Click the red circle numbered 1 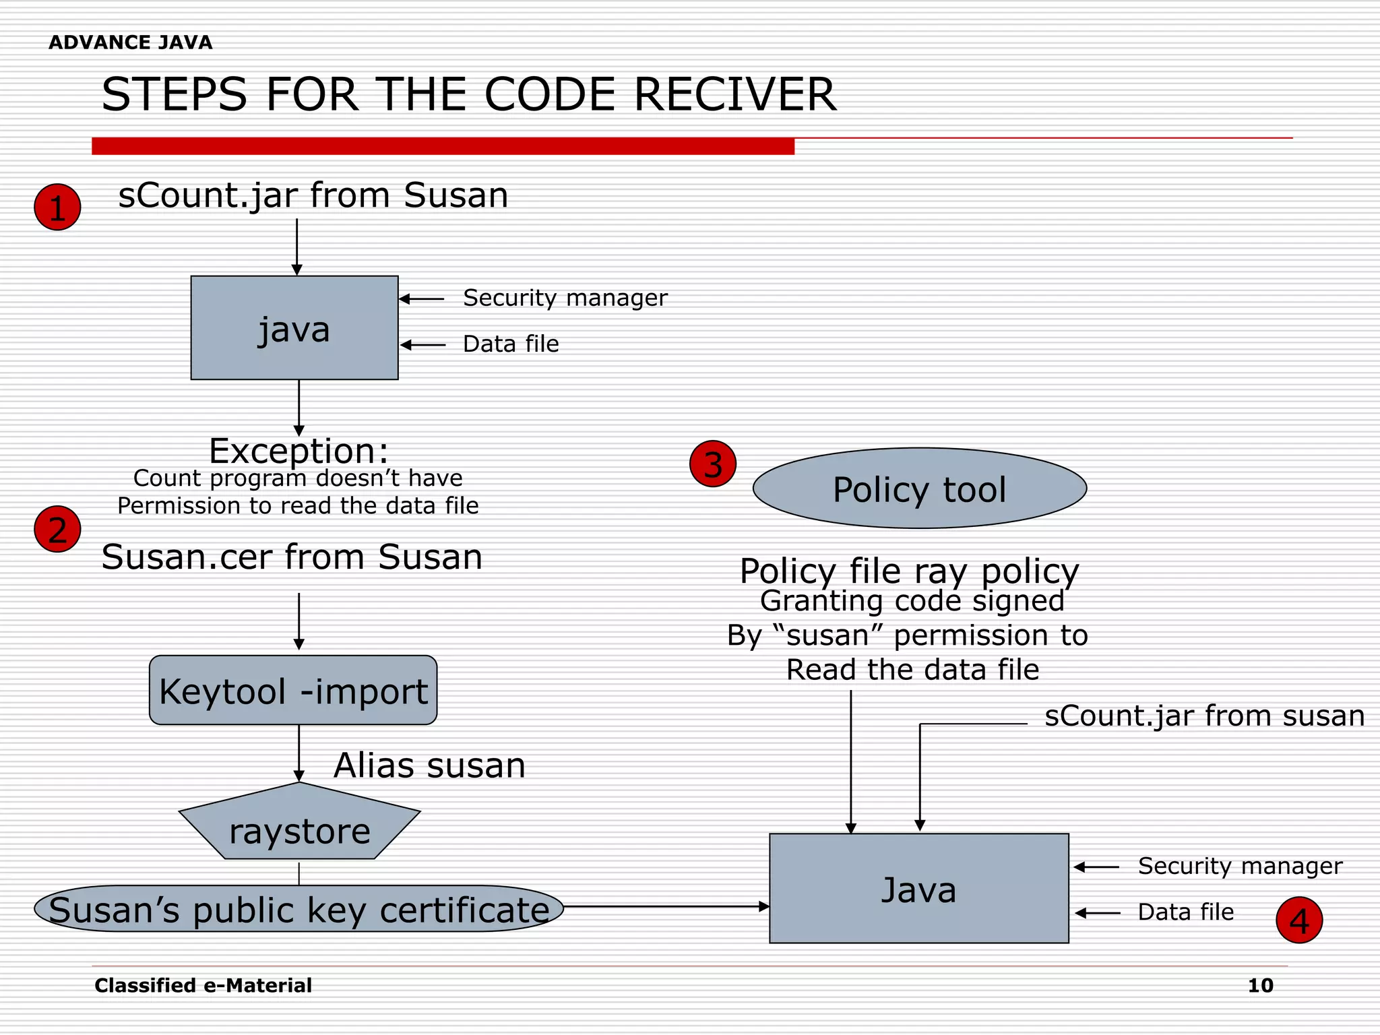(57, 207)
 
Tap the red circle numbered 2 (57, 529)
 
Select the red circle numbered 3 (713, 464)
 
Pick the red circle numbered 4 (1299, 920)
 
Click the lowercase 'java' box (294, 328)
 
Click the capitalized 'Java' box (918, 888)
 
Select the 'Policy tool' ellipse (919, 489)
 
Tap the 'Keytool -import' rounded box (293, 690)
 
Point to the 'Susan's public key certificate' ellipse (299, 909)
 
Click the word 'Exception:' (299, 450)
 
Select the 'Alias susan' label (429, 765)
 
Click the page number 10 (1260, 985)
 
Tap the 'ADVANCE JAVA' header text (130, 42)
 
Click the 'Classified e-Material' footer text (203, 985)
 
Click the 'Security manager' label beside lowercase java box (565, 298)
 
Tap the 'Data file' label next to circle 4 (1185, 912)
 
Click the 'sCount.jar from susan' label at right (1204, 716)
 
